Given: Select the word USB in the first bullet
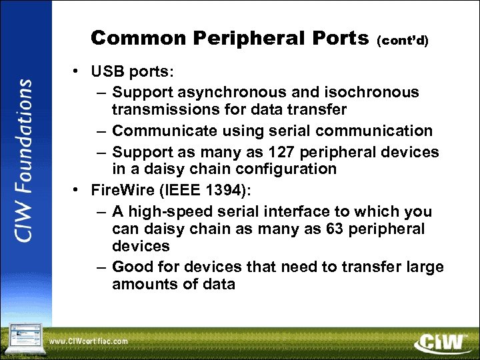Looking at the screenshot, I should [105, 71].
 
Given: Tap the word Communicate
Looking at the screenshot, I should [163, 131].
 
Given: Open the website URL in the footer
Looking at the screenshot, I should [89, 341].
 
